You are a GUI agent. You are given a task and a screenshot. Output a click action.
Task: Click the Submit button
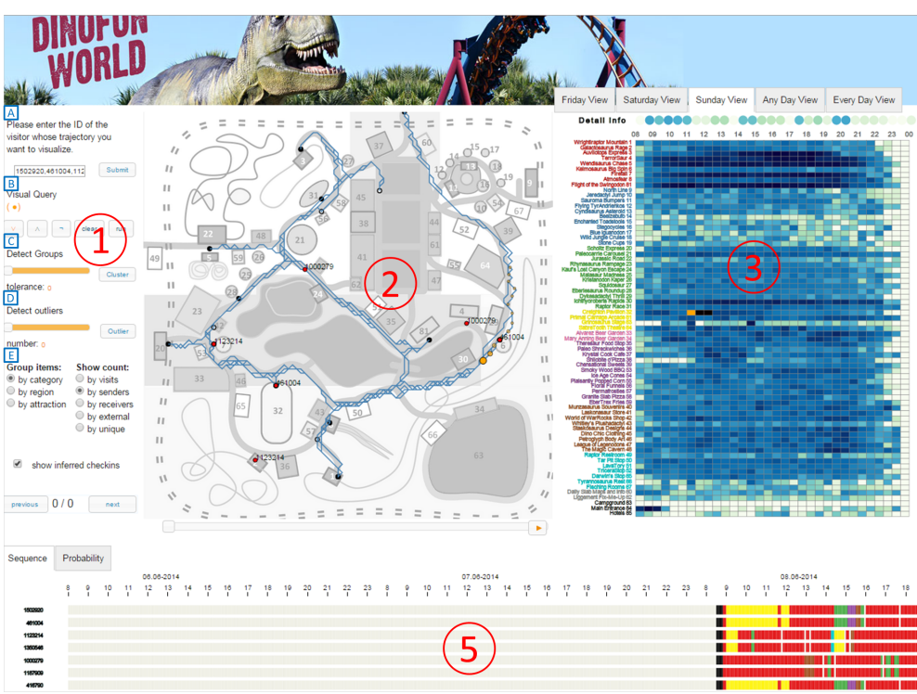tap(118, 170)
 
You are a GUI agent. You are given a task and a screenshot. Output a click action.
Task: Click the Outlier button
tap(118, 330)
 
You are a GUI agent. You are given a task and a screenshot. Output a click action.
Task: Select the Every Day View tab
tap(864, 100)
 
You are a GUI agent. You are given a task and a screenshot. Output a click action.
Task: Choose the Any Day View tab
tap(790, 100)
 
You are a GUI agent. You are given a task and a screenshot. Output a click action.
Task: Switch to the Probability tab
tap(84, 559)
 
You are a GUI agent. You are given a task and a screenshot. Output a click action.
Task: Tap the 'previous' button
tap(25, 505)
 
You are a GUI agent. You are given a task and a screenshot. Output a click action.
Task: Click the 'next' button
tap(112, 505)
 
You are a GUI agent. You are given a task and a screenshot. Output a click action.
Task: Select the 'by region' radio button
tap(11, 392)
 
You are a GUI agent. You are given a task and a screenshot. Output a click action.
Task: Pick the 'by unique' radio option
tap(81, 430)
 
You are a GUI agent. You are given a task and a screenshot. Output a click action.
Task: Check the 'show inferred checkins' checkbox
tap(18, 464)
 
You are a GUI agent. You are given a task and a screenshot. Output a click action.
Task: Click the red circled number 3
tap(754, 267)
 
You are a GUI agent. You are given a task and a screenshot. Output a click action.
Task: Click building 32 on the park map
tap(277, 410)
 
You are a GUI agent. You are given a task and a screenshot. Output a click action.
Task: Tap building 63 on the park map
tap(479, 455)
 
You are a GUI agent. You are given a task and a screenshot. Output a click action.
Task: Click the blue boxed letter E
tap(10, 355)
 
